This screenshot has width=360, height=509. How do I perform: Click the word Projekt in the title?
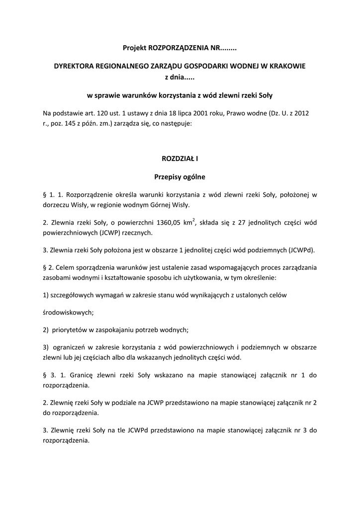(134, 48)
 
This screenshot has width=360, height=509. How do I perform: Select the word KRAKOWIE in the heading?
(287, 66)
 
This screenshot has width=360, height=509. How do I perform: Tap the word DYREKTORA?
(74, 66)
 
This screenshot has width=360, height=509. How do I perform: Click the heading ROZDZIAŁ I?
(180, 159)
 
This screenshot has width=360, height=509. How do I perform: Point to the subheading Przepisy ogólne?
(180, 176)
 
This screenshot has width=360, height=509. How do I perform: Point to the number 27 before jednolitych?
(234, 222)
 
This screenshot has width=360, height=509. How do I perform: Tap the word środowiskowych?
(68, 313)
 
